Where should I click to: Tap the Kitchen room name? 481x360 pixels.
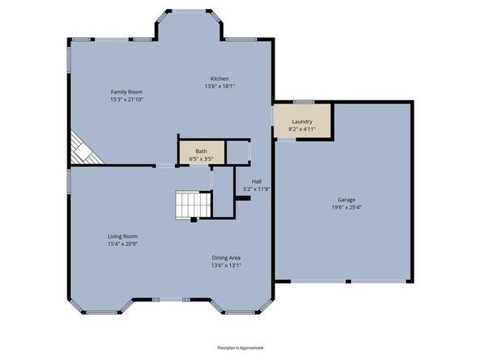(x=219, y=78)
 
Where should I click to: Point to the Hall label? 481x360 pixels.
(x=257, y=181)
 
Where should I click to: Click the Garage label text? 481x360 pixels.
(x=347, y=199)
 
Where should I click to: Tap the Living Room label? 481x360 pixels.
(x=122, y=236)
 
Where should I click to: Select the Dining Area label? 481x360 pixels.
(x=226, y=258)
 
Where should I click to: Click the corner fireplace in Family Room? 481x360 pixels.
(x=80, y=149)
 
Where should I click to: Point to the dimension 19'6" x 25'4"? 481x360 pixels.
(x=347, y=207)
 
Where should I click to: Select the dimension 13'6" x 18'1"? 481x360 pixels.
(x=219, y=87)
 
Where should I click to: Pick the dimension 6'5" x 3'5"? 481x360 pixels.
(x=201, y=159)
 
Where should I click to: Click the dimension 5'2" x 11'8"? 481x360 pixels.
(x=257, y=189)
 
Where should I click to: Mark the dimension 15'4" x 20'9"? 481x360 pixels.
(x=122, y=244)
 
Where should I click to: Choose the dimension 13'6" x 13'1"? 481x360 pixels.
(x=226, y=266)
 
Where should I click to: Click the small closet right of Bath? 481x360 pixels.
(x=238, y=151)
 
